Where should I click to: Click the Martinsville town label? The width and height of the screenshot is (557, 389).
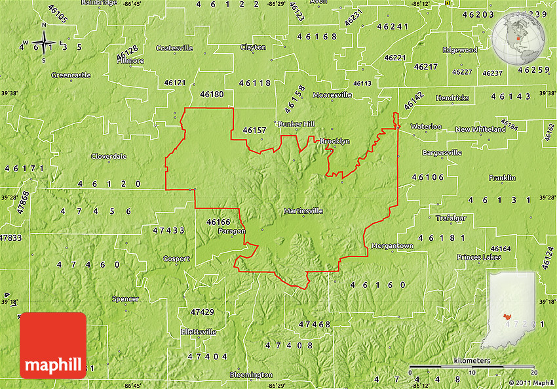tap(303, 211)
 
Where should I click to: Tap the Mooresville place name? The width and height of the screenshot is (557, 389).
tap(332, 95)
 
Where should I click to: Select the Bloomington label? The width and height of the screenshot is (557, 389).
tap(251, 375)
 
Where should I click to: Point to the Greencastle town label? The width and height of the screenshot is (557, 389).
tap(71, 75)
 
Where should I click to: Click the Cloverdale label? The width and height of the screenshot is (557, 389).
tap(109, 156)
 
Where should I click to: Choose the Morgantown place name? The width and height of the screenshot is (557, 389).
tap(393, 246)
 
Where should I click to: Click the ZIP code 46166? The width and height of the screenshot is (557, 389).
tap(218, 222)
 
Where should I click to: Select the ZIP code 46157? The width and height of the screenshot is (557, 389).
tap(254, 131)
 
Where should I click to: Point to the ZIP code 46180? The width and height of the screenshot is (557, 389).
tap(212, 94)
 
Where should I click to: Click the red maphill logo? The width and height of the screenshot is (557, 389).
tap(53, 346)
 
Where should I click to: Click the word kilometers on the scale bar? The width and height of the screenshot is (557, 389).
tap(471, 361)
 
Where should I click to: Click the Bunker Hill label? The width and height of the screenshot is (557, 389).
tap(296, 124)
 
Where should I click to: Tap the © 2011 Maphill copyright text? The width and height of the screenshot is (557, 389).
tap(531, 382)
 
